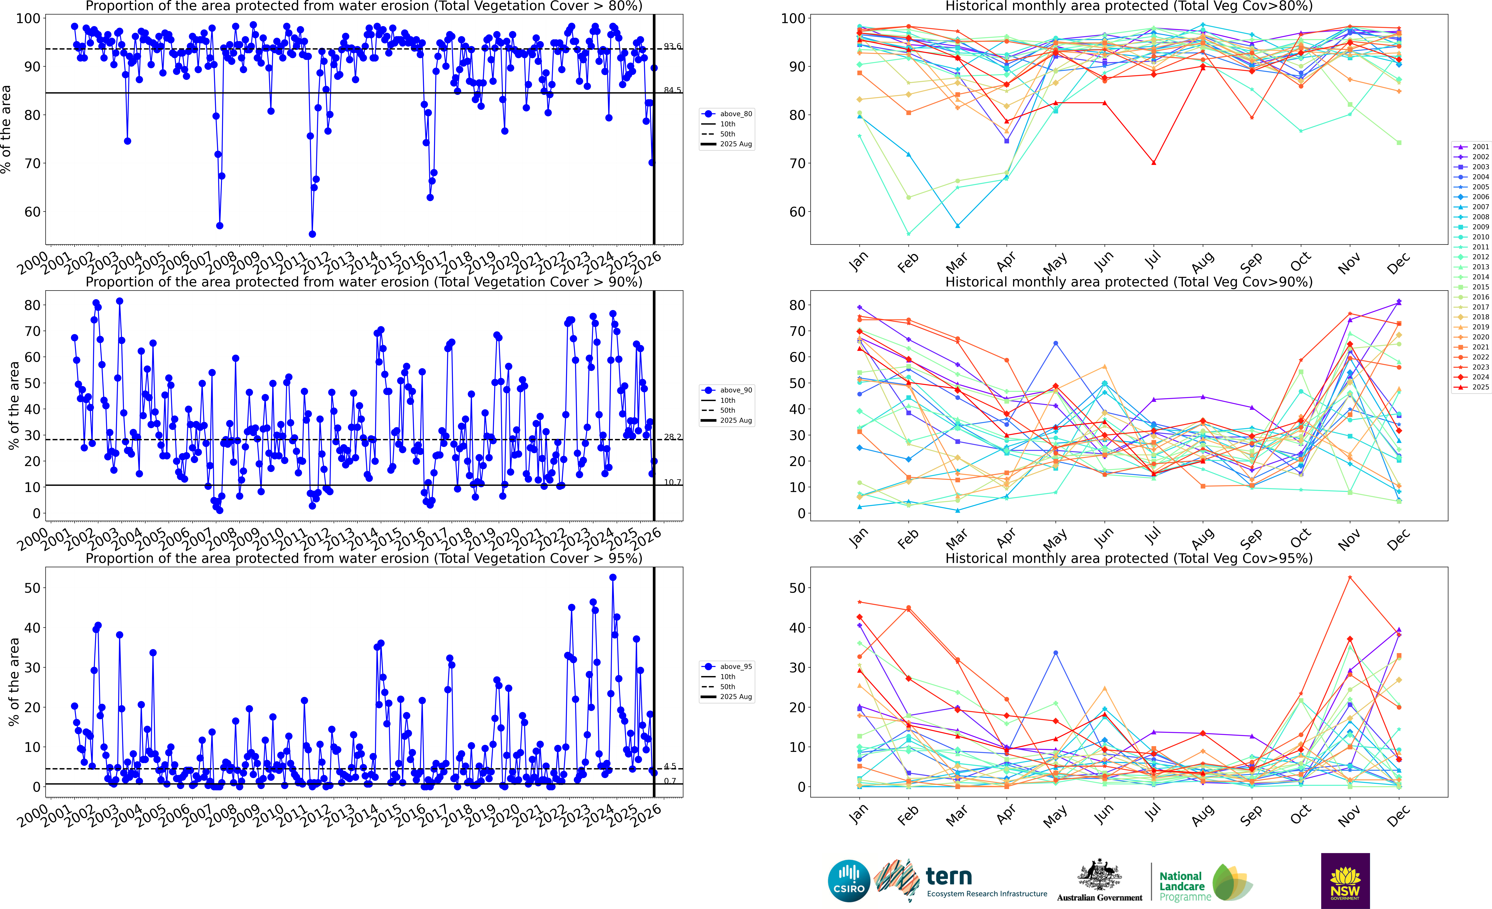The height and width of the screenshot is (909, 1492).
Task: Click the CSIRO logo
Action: pos(849,880)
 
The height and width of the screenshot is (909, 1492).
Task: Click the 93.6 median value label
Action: pos(672,46)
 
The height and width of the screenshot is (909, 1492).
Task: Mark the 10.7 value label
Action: pos(672,482)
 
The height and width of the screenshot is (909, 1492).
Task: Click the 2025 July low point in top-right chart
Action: pos(1154,162)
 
